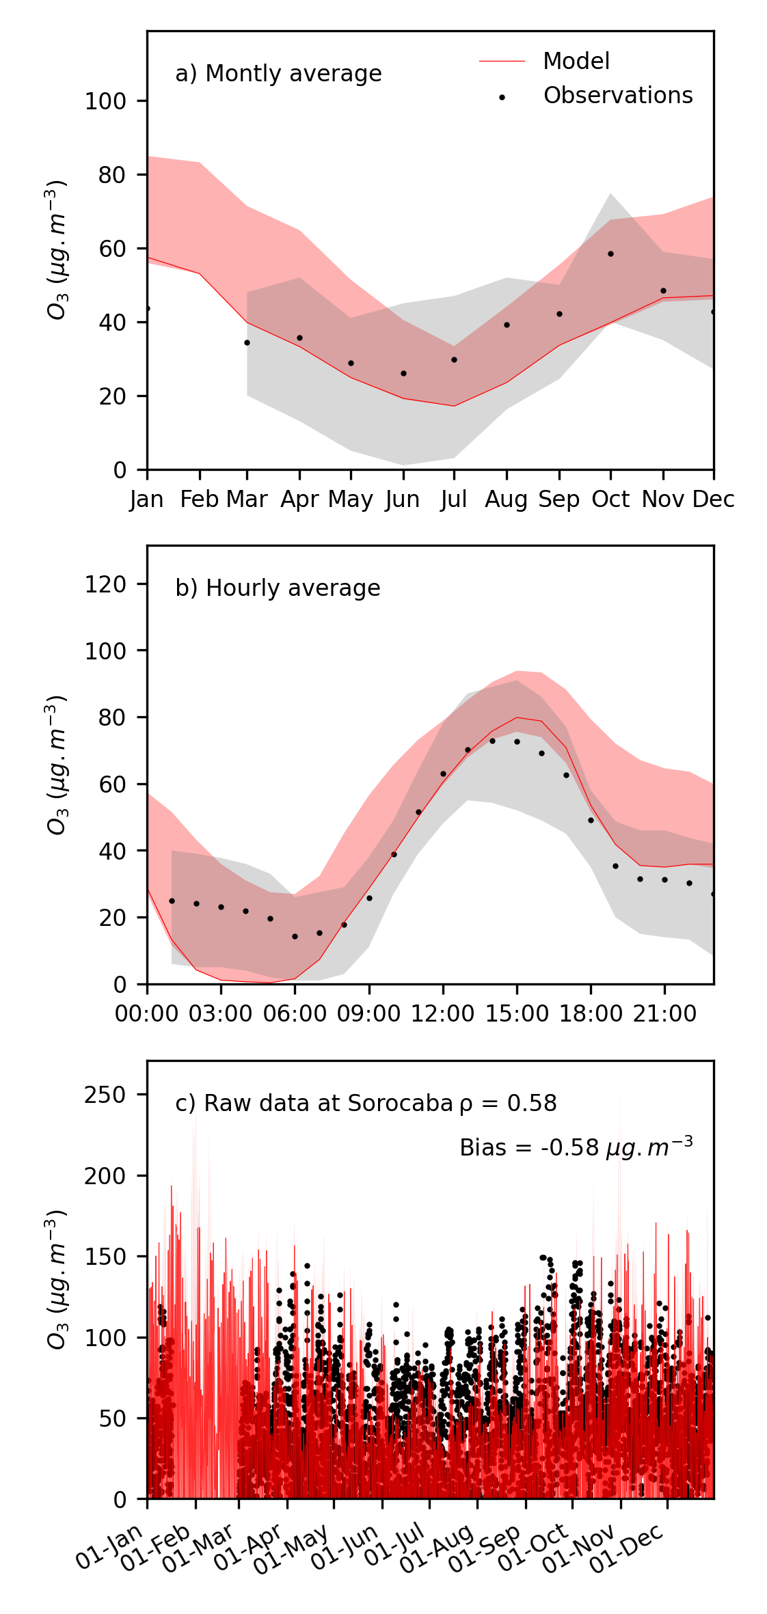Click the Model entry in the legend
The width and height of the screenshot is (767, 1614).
[576, 61]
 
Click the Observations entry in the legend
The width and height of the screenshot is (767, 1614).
[617, 96]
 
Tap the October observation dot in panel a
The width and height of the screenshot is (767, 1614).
[610, 254]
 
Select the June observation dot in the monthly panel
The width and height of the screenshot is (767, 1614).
[403, 373]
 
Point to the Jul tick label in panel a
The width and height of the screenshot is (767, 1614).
[454, 500]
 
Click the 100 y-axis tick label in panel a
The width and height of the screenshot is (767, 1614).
[105, 101]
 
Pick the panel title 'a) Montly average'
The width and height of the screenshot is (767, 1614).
[278, 74]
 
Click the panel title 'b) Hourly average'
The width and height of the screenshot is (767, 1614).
[278, 588]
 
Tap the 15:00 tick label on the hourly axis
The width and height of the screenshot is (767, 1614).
[517, 1013]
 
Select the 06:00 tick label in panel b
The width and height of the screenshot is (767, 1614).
[295, 1013]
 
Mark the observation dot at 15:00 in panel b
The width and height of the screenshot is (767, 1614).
[517, 741]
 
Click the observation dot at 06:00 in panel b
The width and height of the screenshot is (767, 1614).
[295, 936]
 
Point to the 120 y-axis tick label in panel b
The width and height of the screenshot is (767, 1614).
[105, 584]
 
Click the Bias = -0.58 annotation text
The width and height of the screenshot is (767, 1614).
[576, 1147]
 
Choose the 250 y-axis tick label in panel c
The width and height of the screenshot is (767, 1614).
[105, 1095]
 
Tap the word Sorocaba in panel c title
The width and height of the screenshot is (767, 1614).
[400, 1104]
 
